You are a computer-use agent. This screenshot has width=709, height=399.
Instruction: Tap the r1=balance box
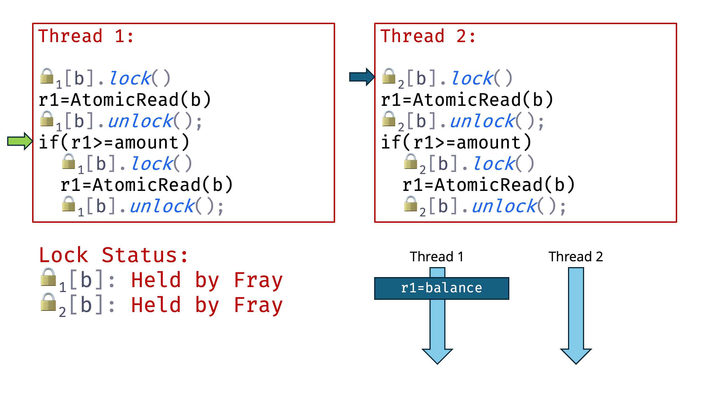pos(441,288)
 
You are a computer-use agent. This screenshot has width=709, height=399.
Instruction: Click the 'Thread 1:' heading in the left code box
pos(86,36)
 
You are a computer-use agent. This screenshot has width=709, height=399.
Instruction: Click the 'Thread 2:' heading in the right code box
pos(428,36)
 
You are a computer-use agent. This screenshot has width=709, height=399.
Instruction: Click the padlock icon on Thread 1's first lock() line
pos(47,76)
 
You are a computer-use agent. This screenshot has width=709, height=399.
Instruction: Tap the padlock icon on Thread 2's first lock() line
pos(389,76)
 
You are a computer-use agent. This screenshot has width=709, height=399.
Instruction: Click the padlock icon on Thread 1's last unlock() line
pos(68,204)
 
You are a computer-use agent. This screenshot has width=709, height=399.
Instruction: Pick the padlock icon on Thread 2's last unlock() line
pos(410,204)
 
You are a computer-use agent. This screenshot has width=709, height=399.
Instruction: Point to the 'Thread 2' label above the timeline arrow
pos(576,257)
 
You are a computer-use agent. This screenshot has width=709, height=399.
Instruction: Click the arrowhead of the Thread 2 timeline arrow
pos(576,356)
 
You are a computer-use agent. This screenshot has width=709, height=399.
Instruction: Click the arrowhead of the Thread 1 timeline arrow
pos(437,356)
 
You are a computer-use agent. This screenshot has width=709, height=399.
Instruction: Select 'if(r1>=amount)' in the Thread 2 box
pos(456,142)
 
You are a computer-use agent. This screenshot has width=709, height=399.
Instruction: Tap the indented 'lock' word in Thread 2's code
pos(494,164)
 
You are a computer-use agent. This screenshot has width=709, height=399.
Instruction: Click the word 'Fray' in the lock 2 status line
pos(258,305)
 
